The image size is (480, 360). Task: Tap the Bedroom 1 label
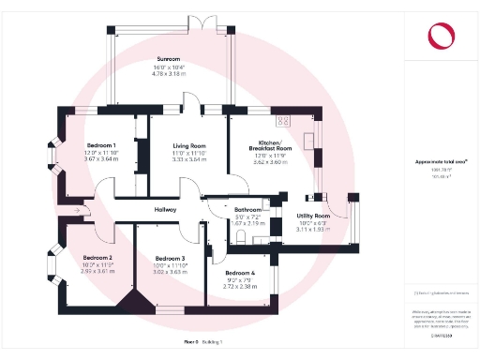coord(100,145)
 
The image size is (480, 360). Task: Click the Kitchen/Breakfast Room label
coord(270,144)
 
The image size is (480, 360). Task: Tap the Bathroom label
coord(247,209)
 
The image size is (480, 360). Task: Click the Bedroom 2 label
coord(97,257)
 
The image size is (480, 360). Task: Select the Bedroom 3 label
coord(170,258)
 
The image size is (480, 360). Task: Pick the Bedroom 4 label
coord(241,272)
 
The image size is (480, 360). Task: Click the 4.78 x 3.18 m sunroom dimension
coord(170,73)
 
